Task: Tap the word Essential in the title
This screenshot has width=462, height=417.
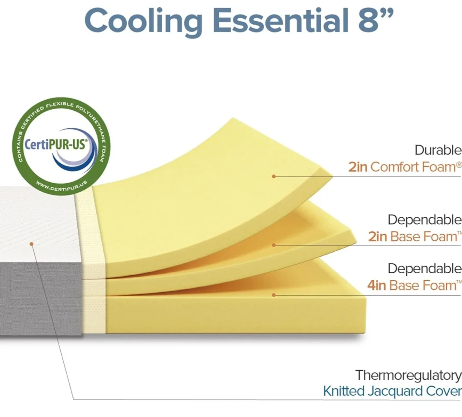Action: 275,20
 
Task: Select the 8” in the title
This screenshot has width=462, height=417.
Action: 371,19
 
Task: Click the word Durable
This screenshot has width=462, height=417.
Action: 438,151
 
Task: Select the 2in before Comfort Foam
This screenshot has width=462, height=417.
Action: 358,167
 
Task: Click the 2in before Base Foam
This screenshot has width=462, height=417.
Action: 377,237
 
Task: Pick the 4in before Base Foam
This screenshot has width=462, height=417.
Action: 376,285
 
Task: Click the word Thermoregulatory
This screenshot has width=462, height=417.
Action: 408,376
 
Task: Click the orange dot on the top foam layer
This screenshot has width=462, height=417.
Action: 274,176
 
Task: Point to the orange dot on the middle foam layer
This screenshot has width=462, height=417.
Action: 274,245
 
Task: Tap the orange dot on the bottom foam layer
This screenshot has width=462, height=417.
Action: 274,295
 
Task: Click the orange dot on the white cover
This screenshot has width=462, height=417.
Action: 31,244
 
